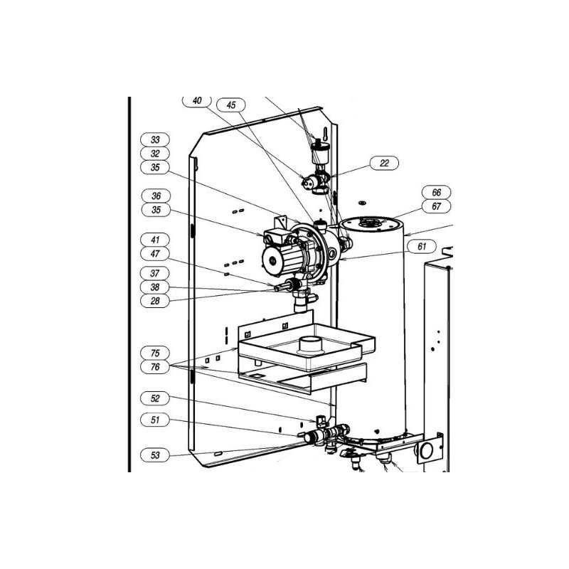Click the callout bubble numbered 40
tap(197, 101)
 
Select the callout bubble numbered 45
tap(230, 105)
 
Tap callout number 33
tap(155, 139)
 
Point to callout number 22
tap(384, 164)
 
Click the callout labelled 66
tap(437, 192)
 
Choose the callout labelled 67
tap(437, 206)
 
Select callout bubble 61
tap(422, 247)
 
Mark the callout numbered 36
tap(156, 196)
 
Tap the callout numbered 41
tap(155, 240)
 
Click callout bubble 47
tap(155, 254)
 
